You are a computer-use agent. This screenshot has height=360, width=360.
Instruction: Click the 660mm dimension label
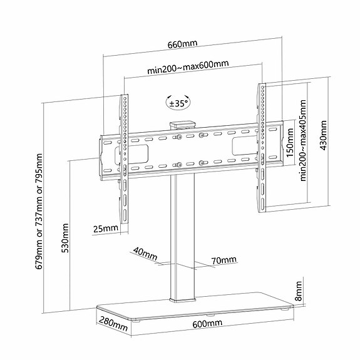182,44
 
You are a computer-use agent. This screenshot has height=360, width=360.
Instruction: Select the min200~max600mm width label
188,67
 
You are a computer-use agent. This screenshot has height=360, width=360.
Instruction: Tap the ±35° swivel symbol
178,103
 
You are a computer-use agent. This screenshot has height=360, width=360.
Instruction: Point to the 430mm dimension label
324,135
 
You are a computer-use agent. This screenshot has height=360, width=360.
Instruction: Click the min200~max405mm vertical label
303,140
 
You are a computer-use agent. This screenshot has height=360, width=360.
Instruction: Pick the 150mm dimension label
291,143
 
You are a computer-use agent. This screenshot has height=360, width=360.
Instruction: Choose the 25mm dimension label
106,229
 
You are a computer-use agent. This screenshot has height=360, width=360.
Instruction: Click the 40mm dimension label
145,253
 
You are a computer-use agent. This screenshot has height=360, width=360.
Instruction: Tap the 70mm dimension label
224,260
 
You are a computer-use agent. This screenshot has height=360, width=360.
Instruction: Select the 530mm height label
65,238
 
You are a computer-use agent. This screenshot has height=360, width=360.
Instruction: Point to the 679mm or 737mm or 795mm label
39,211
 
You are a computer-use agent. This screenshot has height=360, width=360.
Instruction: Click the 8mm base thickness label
298,291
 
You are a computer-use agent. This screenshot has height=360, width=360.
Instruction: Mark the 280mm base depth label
113,324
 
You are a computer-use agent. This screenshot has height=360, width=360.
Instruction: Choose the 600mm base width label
207,324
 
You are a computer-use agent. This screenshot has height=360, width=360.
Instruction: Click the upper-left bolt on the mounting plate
178,137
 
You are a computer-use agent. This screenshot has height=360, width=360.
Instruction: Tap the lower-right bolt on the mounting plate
202,163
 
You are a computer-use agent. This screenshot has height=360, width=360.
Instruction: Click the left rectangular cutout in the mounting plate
131,155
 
